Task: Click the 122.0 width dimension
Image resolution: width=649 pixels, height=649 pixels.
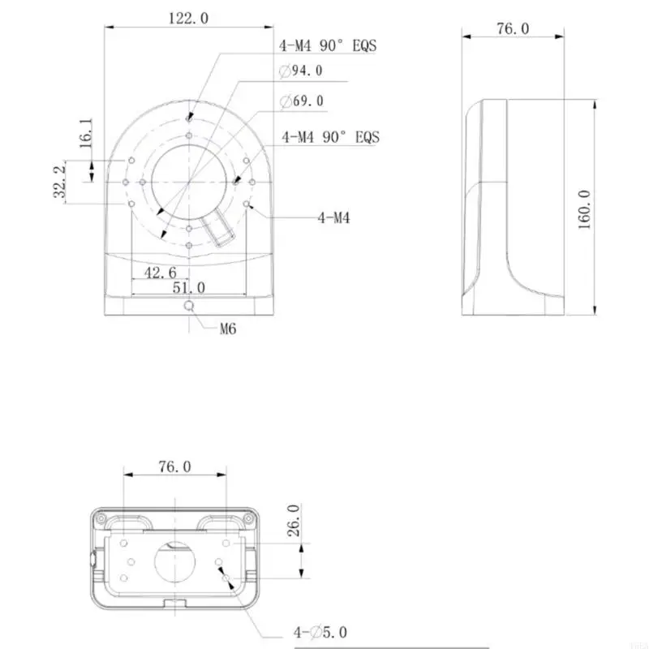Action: click(x=187, y=18)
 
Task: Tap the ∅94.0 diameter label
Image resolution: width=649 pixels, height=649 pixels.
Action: click(x=301, y=71)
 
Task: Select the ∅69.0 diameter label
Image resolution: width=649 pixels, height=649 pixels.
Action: click(x=301, y=101)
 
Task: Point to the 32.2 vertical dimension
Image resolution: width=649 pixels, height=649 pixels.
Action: click(x=58, y=183)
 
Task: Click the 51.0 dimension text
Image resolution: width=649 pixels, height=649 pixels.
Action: click(x=187, y=288)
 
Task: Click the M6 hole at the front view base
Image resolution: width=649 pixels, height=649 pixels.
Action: click(x=189, y=306)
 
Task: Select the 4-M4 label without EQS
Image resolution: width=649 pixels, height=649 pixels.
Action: click(x=333, y=217)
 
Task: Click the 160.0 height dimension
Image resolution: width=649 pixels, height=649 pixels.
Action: click(x=585, y=208)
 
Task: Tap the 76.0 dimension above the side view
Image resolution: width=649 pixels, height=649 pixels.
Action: click(x=512, y=29)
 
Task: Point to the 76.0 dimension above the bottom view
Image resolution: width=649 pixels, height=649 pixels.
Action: click(x=174, y=466)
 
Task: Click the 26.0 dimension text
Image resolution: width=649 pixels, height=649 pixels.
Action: click(x=294, y=520)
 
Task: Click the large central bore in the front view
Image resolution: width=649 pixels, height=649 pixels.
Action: click(x=188, y=183)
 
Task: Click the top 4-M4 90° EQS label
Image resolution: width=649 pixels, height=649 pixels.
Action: click(x=328, y=45)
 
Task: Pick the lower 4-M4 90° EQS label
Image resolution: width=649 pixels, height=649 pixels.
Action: click(x=330, y=137)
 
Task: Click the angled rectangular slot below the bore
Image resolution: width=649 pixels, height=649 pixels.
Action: click(x=220, y=230)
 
